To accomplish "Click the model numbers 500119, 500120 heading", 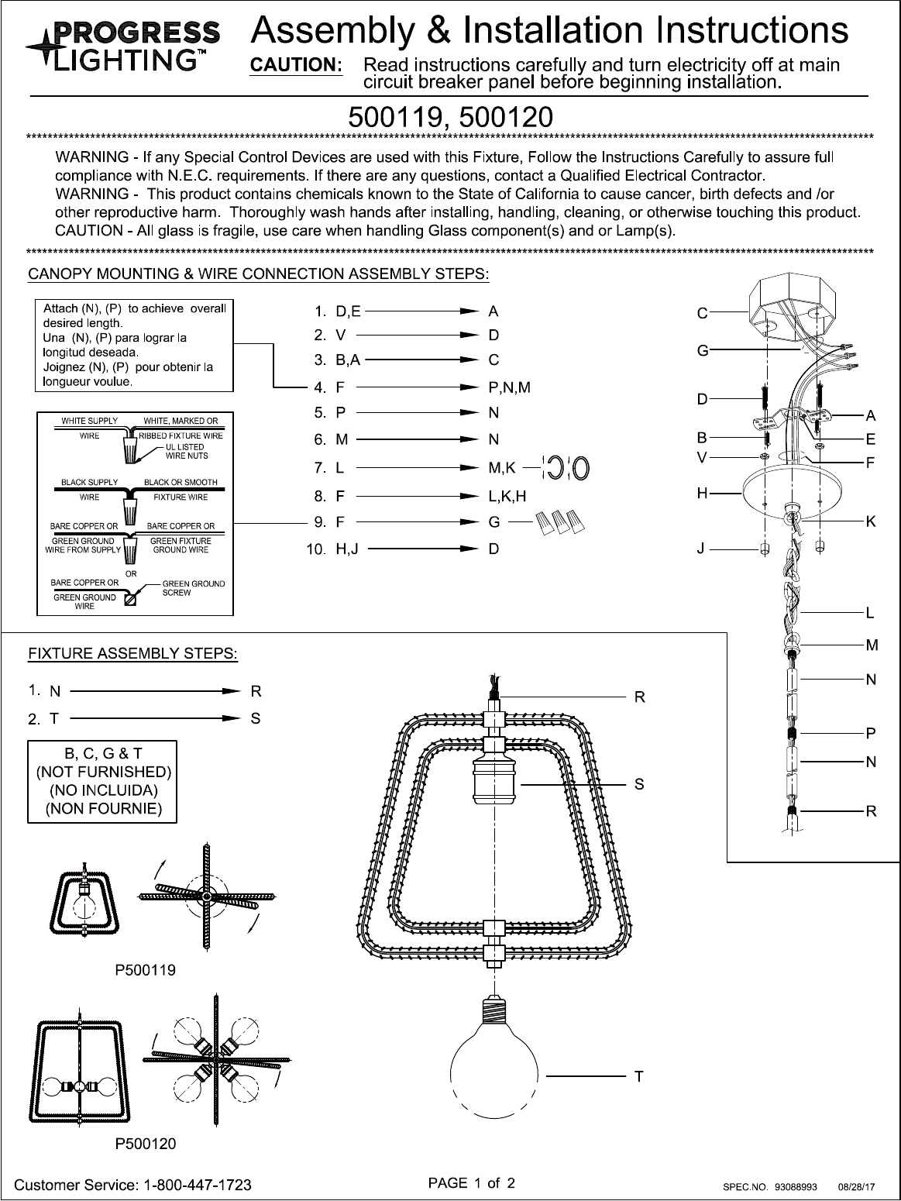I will point(450,117).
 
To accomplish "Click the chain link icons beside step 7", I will point(566,468).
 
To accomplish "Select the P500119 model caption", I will point(146,969).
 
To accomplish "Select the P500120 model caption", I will point(146,1144).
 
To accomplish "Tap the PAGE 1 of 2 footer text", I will point(472,1183).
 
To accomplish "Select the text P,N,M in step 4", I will point(509,387).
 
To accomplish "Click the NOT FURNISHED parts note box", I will point(102,781).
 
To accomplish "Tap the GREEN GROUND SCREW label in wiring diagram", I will point(193,588).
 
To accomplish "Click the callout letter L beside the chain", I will point(871,614).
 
